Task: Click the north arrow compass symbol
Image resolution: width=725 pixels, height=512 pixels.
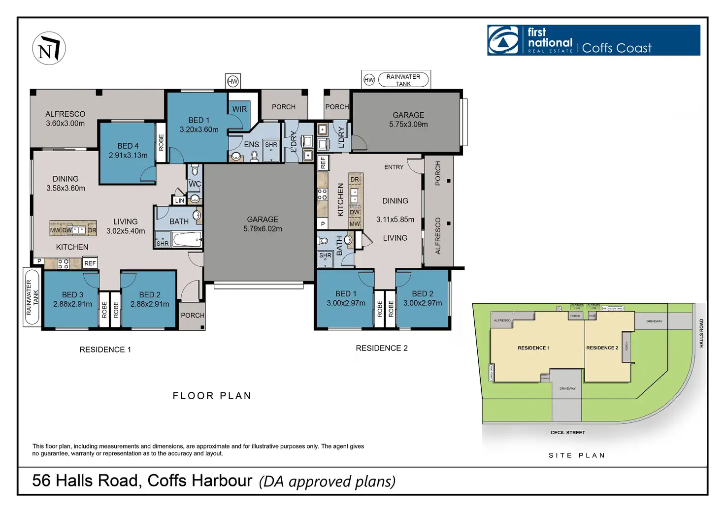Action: point(49,48)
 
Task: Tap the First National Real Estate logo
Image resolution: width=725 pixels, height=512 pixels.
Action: point(593,40)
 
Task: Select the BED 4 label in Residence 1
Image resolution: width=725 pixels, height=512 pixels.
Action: point(128,150)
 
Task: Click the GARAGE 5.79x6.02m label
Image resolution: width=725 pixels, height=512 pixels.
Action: point(263,224)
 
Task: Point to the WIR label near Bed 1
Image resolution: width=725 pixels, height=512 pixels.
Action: point(239,109)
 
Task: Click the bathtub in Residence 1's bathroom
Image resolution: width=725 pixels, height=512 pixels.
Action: point(187,240)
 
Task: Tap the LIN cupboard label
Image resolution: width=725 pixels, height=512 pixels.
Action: point(179,200)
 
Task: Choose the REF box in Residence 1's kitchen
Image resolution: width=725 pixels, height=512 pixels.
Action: point(90,263)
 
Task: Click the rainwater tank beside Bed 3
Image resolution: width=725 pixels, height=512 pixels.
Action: point(32,297)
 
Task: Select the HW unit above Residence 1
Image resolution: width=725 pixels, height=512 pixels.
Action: point(232,81)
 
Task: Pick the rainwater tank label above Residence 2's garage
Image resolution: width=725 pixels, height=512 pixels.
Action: point(403,80)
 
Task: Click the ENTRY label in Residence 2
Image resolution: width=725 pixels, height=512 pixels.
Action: point(394,167)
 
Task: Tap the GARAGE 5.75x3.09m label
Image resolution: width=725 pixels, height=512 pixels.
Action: point(408,119)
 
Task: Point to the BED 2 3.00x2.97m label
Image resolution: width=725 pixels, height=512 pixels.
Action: point(423,298)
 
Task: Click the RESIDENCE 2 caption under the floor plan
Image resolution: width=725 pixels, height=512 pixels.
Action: point(382,348)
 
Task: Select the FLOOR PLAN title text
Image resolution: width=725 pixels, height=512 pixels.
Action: point(212,396)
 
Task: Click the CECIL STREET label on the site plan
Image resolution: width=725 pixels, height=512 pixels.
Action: point(567,433)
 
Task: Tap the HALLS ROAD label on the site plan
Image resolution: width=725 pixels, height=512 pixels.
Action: point(701,333)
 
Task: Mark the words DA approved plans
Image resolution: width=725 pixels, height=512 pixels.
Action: point(328,481)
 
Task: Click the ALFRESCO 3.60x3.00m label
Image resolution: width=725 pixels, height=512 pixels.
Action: point(65,119)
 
